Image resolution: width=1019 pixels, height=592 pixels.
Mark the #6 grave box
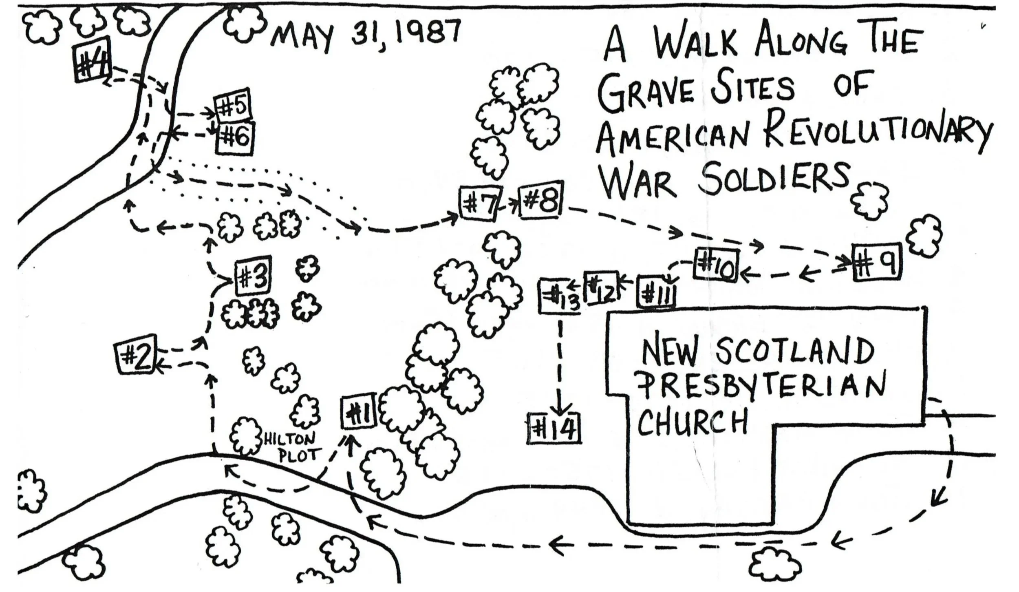235,138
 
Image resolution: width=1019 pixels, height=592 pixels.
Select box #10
717,264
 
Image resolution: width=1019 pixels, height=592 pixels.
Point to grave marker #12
602,288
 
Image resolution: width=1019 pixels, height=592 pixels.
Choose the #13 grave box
559,296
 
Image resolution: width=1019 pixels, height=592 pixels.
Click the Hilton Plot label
293,447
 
